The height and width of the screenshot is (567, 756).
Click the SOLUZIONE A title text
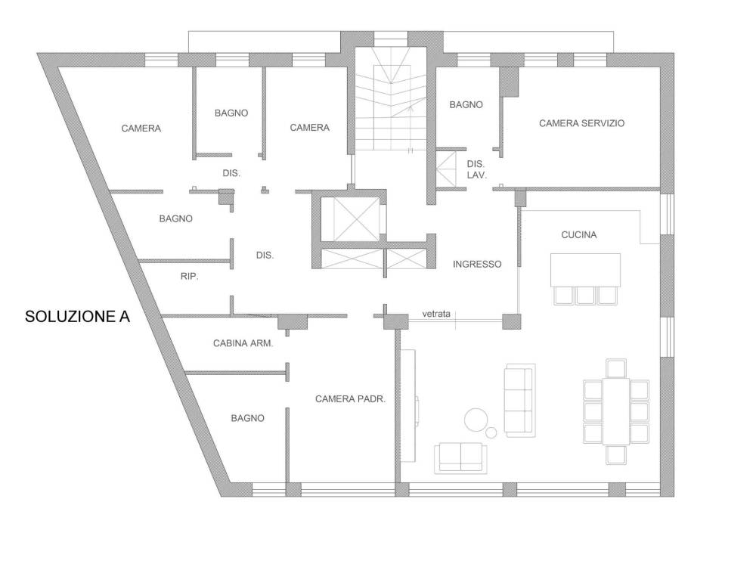pyautogui.click(x=78, y=317)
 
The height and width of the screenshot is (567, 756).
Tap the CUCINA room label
pyautogui.click(x=578, y=235)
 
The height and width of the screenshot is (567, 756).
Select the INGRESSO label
pyautogui.click(x=476, y=265)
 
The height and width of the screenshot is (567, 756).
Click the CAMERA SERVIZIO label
pyautogui.click(x=581, y=122)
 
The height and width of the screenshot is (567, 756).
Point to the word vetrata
pyautogui.click(x=437, y=313)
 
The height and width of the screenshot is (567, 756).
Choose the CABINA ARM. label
pyautogui.click(x=243, y=343)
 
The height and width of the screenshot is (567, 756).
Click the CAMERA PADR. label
pyautogui.click(x=351, y=398)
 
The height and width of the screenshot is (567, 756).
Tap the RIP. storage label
pyautogui.click(x=189, y=277)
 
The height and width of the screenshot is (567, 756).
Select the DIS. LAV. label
pyautogui.click(x=476, y=169)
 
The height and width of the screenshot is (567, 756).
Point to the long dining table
pyautogui.click(x=616, y=411)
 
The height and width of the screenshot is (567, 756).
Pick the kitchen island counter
pyautogui.click(x=586, y=269)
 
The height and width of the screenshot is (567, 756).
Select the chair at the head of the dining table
pyautogui.click(x=616, y=368)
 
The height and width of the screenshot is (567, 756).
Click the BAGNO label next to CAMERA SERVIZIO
pyautogui.click(x=466, y=105)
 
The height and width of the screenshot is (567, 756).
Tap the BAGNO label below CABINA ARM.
pyautogui.click(x=248, y=417)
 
